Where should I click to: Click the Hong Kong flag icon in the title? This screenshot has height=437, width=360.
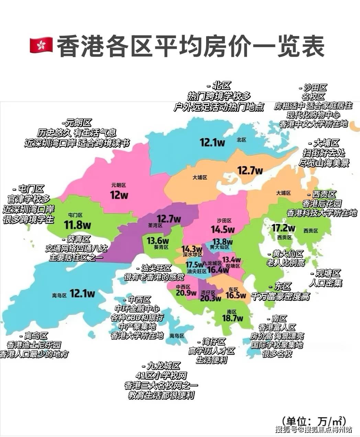point(41,45)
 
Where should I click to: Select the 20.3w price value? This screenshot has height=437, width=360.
point(210,299)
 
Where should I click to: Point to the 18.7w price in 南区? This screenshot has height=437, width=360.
point(232,318)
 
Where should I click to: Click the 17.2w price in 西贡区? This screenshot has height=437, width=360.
point(283,228)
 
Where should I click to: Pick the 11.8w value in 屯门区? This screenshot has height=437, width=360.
point(77,225)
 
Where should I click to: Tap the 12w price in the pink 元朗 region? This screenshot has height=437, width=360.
point(119,195)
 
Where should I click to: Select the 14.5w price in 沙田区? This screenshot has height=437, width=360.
point(223,229)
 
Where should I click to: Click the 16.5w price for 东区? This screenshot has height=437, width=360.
point(236,295)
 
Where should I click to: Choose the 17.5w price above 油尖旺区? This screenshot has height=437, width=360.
point(195,265)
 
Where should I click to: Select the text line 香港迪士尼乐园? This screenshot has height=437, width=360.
point(34,345)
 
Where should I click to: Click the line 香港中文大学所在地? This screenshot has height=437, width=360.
point(313,124)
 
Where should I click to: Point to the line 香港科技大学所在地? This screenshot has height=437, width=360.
point(322,213)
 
